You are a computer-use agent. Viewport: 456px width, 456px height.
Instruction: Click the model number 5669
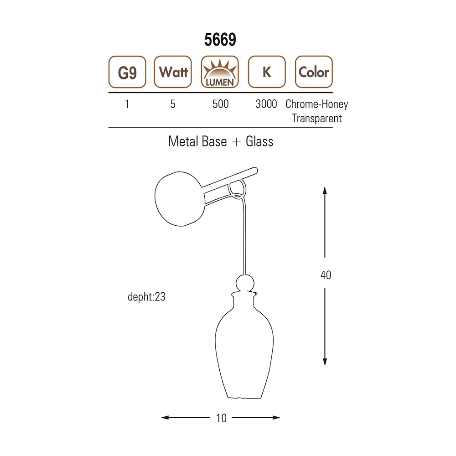click(220, 40)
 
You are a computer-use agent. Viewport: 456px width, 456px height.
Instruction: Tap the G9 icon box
click(127, 72)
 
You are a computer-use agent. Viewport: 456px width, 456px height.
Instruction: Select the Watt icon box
click(173, 72)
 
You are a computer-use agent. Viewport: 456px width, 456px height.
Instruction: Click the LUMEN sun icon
click(220, 72)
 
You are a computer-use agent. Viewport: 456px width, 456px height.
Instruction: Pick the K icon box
click(267, 72)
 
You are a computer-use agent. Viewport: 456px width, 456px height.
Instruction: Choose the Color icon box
click(314, 72)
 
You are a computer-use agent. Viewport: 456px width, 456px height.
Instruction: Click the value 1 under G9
click(127, 104)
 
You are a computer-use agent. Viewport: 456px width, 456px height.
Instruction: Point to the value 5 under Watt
click(173, 104)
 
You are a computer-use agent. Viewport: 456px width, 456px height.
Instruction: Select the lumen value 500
click(220, 104)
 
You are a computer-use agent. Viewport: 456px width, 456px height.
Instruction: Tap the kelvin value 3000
click(266, 104)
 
